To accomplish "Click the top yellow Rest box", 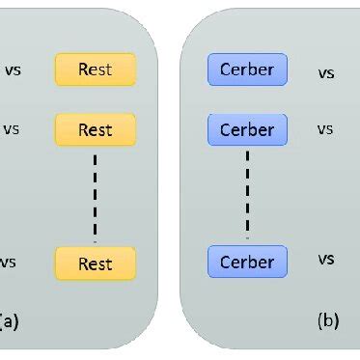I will point(96,69).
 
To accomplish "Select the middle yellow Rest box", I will point(96,128).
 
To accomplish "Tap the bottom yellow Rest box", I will point(96,263).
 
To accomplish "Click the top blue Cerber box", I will point(247,69).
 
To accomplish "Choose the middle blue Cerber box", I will point(247,128).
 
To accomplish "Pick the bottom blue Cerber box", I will point(247,262).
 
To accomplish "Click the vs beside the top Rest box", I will point(14,69).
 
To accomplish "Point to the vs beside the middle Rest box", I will point(12,128).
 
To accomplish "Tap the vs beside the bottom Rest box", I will point(9,262).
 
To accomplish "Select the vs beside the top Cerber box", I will point(326,71).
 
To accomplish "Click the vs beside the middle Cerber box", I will point(325,128).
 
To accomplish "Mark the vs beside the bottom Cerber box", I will point(326,259).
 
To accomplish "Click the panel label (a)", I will point(8,320).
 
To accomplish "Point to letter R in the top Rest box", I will point(83,69).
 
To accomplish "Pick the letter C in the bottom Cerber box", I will point(226,262).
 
